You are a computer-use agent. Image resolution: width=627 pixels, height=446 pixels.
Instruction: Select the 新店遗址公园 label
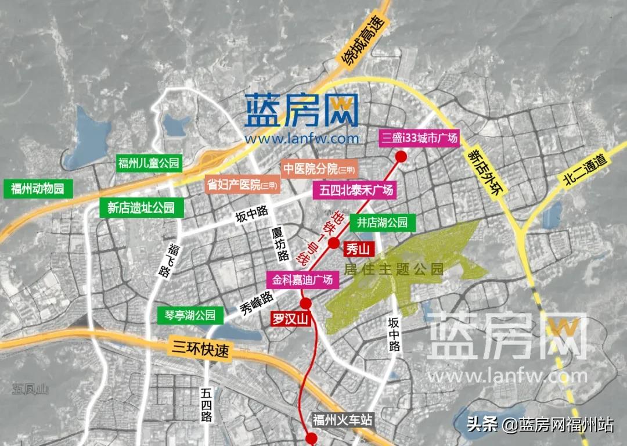coord(141,207)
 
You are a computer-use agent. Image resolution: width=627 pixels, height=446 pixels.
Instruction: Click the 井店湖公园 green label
coord(382,222)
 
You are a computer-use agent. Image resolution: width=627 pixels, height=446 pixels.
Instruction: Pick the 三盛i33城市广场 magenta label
coord(419,138)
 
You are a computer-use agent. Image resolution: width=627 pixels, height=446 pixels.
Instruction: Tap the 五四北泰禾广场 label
coord(354,190)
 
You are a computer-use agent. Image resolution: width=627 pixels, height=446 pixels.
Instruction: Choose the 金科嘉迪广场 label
coord(303,279)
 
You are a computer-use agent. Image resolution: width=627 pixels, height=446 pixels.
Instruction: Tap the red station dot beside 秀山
coord(333,243)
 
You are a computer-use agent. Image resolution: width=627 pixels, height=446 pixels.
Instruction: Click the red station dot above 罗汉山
coord(305,303)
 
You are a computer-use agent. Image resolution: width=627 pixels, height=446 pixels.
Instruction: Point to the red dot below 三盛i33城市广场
coord(401,156)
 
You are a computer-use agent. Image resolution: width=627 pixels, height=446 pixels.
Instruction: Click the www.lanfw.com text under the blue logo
coord(302,139)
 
